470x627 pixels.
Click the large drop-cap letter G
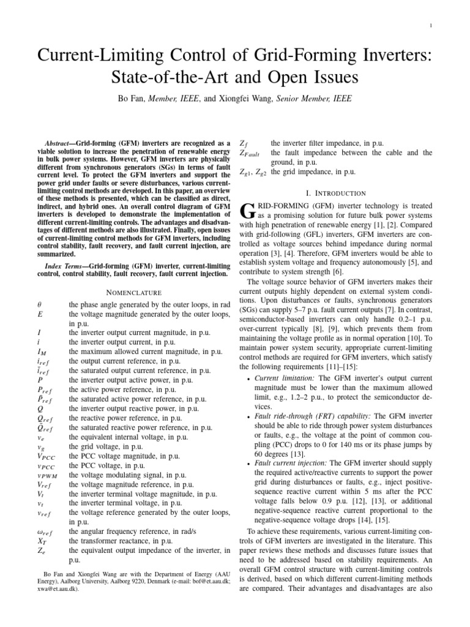(x=243, y=212)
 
